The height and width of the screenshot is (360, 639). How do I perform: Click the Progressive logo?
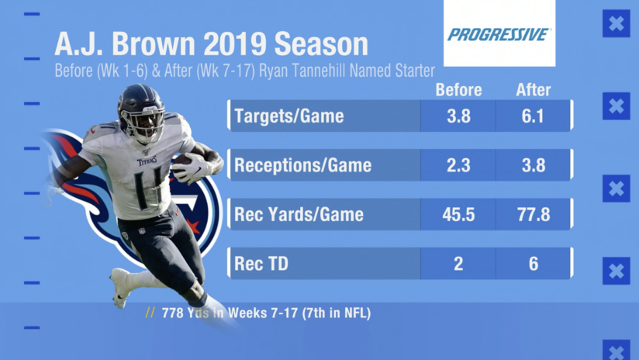click(x=499, y=34)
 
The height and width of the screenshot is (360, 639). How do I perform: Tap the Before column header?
click(x=458, y=90)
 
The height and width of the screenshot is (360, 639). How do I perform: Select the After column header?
click(x=533, y=90)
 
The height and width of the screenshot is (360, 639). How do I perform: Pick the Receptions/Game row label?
click(x=302, y=165)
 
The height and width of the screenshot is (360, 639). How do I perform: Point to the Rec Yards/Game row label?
click(x=299, y=215)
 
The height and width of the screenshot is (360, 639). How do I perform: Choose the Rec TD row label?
click(x=261, y=265)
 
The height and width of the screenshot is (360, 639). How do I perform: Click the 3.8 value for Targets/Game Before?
click(x=458, y=116)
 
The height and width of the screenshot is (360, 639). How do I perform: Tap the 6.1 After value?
click(x=533, y=116)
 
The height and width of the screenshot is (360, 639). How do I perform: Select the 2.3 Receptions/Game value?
click(x=458, y=165)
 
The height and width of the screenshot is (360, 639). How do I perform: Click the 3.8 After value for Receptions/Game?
click(x=533, y=165)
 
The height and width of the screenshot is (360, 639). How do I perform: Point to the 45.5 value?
click(x=458, y=215)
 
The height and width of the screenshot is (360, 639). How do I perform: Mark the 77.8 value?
click(x=533, y=215)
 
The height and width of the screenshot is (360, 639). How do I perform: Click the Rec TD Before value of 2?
click(x=458, y=265)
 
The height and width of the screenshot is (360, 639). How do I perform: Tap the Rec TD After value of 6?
click(x=533, y=265)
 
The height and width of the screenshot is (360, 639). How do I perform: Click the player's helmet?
click(x=142, y=109)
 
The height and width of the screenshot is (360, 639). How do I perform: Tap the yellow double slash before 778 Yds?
click(x=150, y=313)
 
